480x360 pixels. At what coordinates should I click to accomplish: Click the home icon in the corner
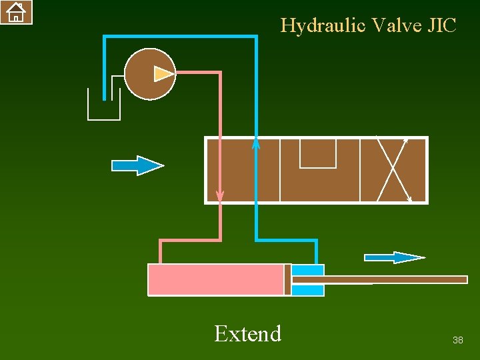point(16,11)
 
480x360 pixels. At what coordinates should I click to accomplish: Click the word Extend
point(247,333)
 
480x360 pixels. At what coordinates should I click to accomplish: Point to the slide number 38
point(457,341)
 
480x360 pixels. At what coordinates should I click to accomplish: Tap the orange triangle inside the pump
point(163,74)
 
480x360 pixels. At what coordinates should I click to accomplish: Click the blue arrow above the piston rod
point(394,257)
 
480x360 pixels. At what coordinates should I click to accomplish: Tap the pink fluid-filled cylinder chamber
point(215,279)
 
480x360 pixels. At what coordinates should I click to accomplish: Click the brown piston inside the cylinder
point(288,279)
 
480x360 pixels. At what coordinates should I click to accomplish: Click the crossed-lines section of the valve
point(393,170)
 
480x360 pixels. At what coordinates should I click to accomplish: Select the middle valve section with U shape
point(319,170)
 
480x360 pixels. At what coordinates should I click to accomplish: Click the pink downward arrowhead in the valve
point(220,196)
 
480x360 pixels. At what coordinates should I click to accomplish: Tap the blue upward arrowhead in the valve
point(256,143)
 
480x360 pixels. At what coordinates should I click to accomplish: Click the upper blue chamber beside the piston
point(308,270)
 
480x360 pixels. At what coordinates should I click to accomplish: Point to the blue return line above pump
point(180,37)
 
